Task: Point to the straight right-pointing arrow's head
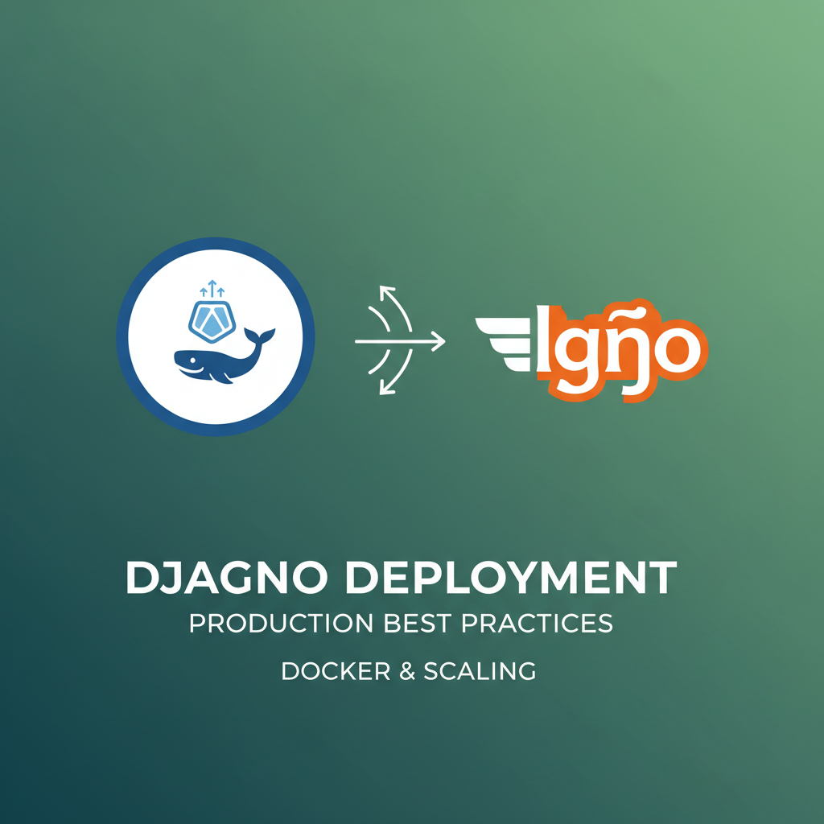point(439,341)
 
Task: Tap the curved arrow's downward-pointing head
point(383,390)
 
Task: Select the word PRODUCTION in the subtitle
point(279,624)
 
